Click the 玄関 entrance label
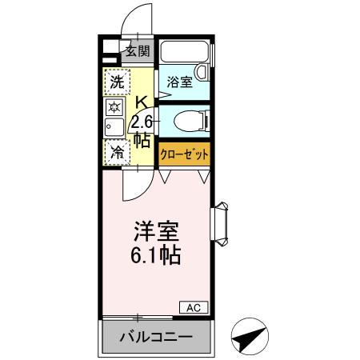click(x=137, y=52)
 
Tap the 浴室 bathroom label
click(x=178, y=81)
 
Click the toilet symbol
click(x=189, y=122)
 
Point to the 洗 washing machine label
click(x=117, y=81)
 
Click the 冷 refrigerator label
click(x=117, y=150)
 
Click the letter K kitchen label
click(x=141, y=102)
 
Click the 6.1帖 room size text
click(x=155, y=256)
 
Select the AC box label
click(x=197, y=306)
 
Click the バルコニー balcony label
click(x=157, y=337)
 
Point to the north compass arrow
click(x=249, y=337)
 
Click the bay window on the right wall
click(x=221, y=222)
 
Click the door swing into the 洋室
click(x=132, y=186)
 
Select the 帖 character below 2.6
click(x=141, y=139)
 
